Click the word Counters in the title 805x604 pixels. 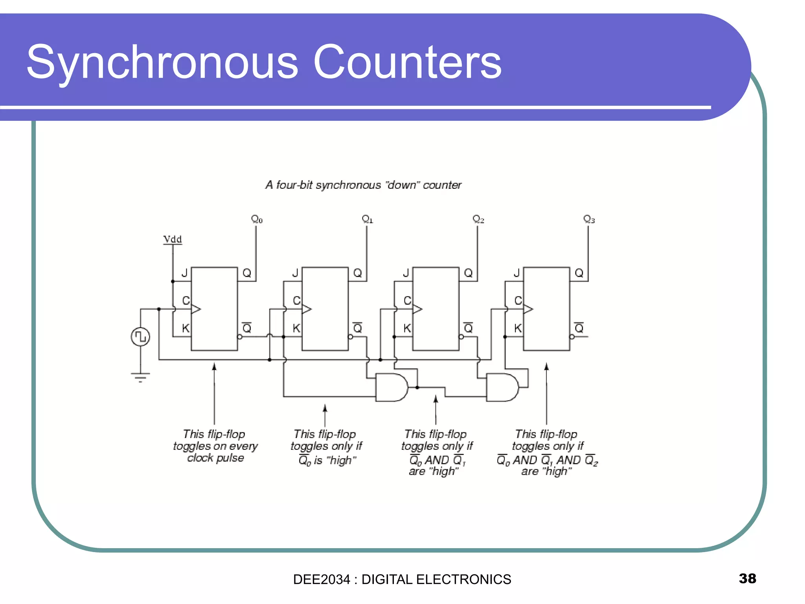[407, 62]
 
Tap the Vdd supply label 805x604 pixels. [172, 239]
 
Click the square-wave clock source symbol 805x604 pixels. [140, 337]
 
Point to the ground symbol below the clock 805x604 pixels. [140, 377]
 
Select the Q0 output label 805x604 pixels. [257, 219]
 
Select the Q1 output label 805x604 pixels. [367, 219]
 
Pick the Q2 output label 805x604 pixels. [478, 219]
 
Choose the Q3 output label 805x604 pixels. [589, 219]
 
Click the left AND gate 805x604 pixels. [391, 387]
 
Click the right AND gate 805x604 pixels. [502, 387]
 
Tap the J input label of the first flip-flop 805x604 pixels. [184, 273]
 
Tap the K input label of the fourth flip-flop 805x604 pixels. [518, 328]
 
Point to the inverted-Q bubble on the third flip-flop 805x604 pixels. [461, 337]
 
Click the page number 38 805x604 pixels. [747, 578]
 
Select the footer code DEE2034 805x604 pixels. [321, 579]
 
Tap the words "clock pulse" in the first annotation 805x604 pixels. [215, 458]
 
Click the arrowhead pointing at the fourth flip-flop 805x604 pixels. [546, 367]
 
